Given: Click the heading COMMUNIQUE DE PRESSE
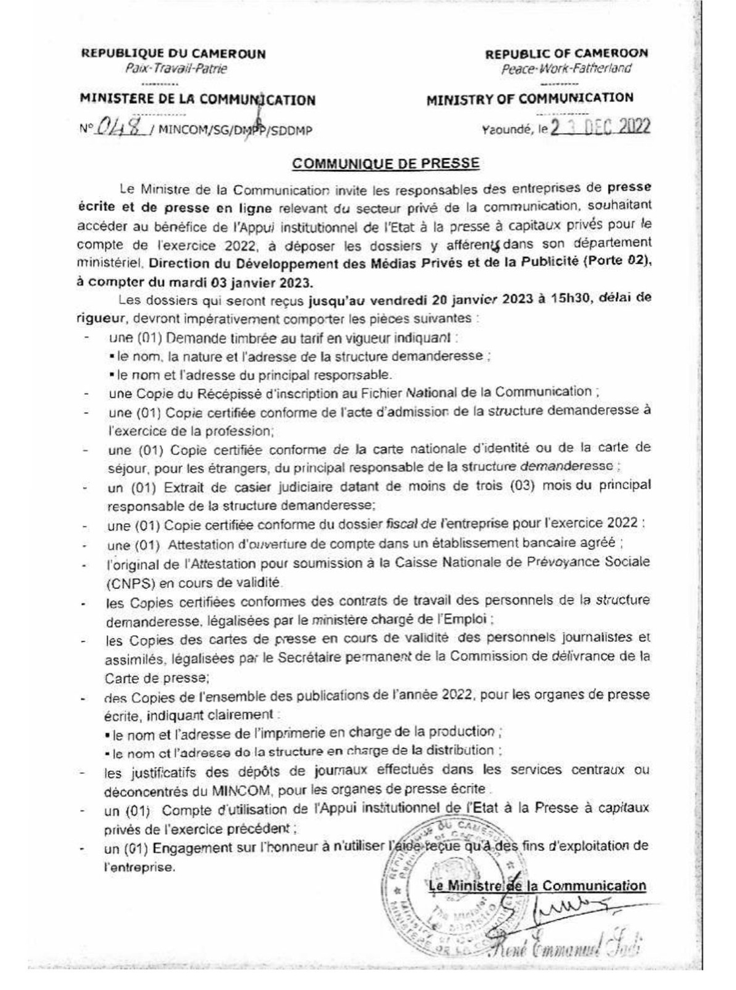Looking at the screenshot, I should pyautogui.click(x=386, y=164).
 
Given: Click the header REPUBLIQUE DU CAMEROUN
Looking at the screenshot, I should pyautogui.click(x=174, y=53).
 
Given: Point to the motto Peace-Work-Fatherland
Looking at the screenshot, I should pyautogui.click(x=566, y=69).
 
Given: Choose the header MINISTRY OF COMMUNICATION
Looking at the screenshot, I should pyautogui.click(x=530, y=98).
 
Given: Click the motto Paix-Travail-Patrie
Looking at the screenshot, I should pyautogui.click(x=175, y=69).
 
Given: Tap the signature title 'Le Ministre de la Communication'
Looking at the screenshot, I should pyautogui.click(x=537, y=885).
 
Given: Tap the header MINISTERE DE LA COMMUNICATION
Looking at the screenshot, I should pyautogui.click(x=198, y=99).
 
